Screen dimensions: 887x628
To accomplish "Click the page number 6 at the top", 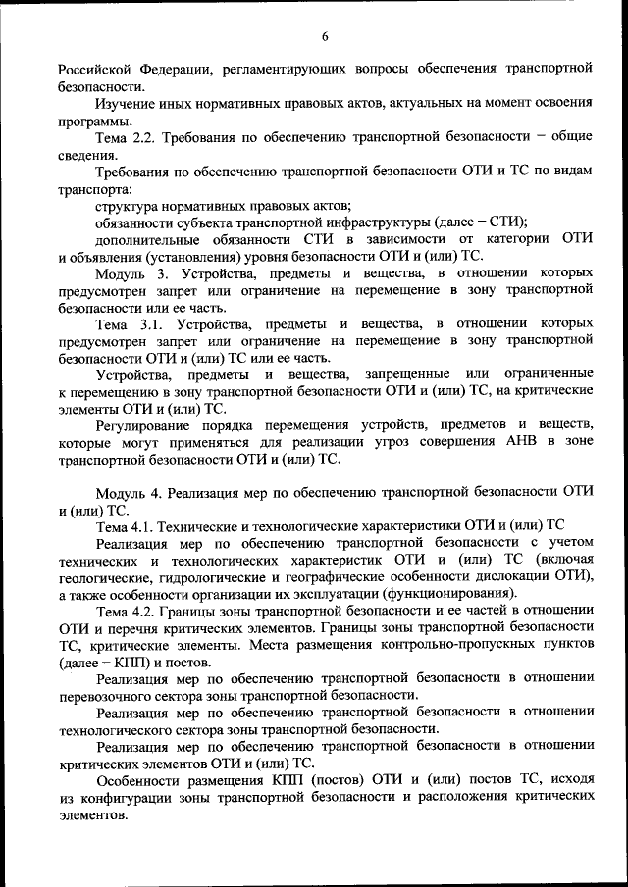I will click(x=325, y=36).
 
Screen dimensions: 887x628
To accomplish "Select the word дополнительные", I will click(x=147, y=241).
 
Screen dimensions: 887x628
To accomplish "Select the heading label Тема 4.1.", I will click(x=127, y=526).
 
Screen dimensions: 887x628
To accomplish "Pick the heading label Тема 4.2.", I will click(x=127, y=612).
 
